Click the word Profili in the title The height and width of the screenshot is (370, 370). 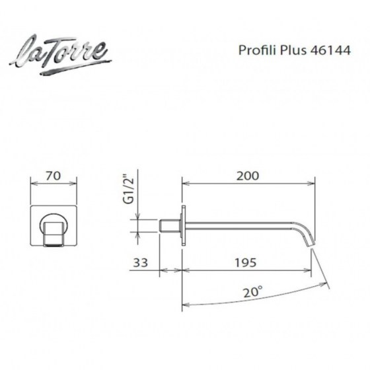[x=258, y=50]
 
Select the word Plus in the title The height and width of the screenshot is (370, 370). [x=293, y=50]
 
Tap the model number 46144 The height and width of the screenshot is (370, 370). [x=330, y=50]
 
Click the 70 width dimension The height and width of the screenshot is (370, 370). [x=53, y=176]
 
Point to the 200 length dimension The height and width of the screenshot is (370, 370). [x=248, y=176]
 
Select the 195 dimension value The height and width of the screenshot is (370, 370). [x=245, y=263]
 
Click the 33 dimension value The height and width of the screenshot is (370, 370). [x=140, y=263]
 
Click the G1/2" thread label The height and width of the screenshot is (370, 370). [x=128, y=189]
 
